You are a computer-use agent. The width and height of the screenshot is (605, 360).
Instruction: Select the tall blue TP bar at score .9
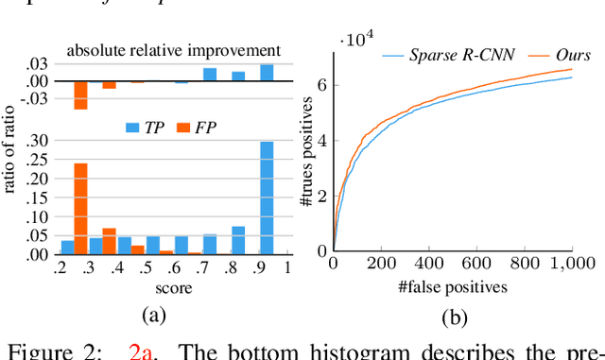coord(267,197)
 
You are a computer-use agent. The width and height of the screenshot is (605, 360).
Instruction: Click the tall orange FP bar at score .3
coord(80,208)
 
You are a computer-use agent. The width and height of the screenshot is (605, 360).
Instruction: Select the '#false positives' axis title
coord(452,284)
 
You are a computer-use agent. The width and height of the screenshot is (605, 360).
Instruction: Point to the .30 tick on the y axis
coord(41,141)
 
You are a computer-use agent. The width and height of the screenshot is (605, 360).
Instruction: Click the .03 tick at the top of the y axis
coord(41,62)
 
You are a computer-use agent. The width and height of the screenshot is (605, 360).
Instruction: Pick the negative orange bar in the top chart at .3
coord(80,94)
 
